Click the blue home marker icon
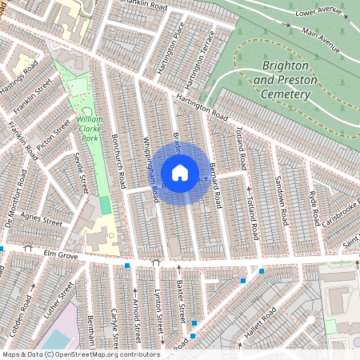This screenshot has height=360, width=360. point(180,173)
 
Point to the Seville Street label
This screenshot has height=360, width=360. point(81,172)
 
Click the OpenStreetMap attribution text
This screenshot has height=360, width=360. point(80,354)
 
